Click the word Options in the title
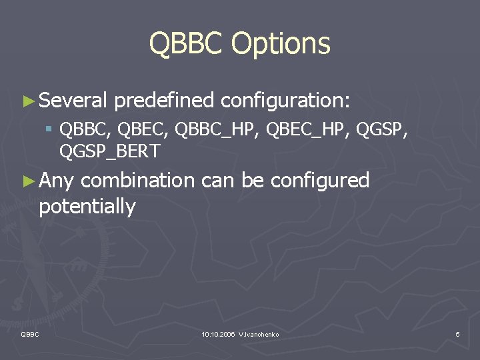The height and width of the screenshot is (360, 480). tap(281, 45)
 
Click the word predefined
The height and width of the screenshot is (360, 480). tap(164, 101)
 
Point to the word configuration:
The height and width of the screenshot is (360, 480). tap(285, 101)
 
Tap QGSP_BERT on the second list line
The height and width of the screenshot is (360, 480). tap(109, 151)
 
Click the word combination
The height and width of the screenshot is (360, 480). tap(137, 180)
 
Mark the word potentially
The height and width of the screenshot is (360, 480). tap(87, 207)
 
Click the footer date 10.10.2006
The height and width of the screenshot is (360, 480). tap(217, 333)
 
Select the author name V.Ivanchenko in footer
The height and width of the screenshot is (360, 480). tap(259, 333)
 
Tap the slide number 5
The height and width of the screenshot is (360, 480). tap(457, 333)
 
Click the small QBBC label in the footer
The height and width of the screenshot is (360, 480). tap(31, 333)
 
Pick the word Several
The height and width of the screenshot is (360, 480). tap(73, 101)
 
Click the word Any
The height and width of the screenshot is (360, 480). tap(57, 180)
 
